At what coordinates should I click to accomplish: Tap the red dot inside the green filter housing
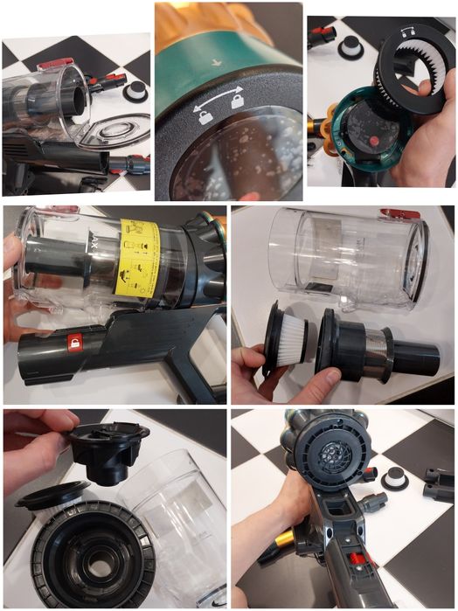point(371,139)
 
